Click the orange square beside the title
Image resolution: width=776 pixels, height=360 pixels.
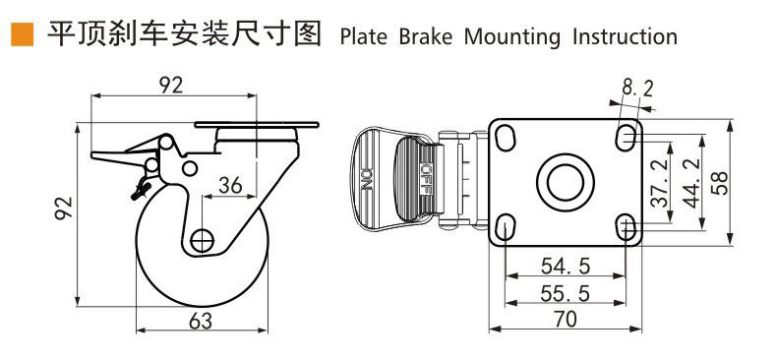23,34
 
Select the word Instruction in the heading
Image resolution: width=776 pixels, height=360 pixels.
625,37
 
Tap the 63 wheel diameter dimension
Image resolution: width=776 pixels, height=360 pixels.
201,322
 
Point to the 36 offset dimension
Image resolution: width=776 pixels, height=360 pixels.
230,185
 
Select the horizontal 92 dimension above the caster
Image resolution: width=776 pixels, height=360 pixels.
171,86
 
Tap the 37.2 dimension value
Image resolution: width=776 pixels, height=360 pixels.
659,183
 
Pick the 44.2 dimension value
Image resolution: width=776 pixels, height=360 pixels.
690,182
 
